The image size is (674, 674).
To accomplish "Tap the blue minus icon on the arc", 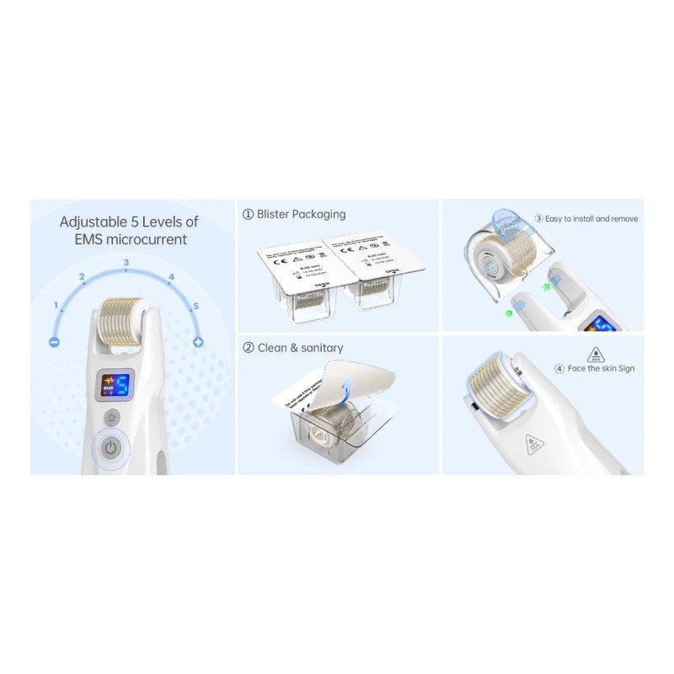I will (54, 342).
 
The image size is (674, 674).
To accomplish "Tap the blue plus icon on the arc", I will (198, 342).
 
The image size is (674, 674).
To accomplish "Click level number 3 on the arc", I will (126, 263).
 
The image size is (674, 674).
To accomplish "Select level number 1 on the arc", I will (56, 304).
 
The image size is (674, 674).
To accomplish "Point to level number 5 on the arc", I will (195, 306).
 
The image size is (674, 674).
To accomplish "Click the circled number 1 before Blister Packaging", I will (248, 215).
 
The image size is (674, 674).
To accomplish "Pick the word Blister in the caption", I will (276, 215).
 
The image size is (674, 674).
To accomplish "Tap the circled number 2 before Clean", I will (248, 348).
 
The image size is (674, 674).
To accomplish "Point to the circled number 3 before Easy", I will (538, 219).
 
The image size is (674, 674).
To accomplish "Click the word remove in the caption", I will (623, 219).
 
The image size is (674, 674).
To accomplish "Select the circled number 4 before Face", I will (559, 368).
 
